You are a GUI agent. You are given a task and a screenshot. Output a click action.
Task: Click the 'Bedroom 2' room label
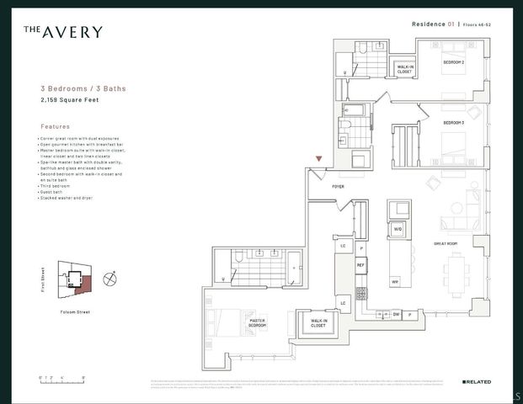click(x=455, y=63)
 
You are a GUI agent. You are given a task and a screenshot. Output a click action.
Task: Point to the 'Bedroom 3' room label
click(x=454, y=123)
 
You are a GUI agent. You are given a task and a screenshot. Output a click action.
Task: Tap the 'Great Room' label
click(x=446, y=244)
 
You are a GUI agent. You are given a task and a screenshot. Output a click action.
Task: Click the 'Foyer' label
click(x=338, y=186)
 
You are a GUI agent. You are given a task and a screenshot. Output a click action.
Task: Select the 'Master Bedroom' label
click(x=258, y=322)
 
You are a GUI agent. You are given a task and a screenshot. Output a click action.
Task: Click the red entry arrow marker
click(x=318, y=158)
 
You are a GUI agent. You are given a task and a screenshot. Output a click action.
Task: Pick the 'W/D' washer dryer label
click(x=398, y=228)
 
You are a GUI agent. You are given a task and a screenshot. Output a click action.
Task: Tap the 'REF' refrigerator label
click(x=360, y=264)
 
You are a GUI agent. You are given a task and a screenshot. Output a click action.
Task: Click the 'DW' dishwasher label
click(x=395, y=314)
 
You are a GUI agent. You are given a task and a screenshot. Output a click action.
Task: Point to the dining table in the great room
click(x=456, y=274)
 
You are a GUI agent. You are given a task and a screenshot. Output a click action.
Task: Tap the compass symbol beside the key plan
click(x=109, y=277)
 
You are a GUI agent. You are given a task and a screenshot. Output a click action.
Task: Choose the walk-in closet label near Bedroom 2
click(x=404, y=68)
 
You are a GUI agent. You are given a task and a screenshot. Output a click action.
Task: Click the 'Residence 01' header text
click(x=435, y=25)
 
